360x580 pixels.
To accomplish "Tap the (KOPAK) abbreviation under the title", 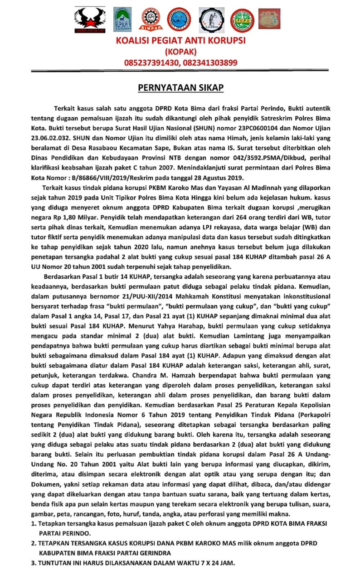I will click(x=180, y=52).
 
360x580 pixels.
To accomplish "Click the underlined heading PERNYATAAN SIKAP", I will click(x=180, y=87).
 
